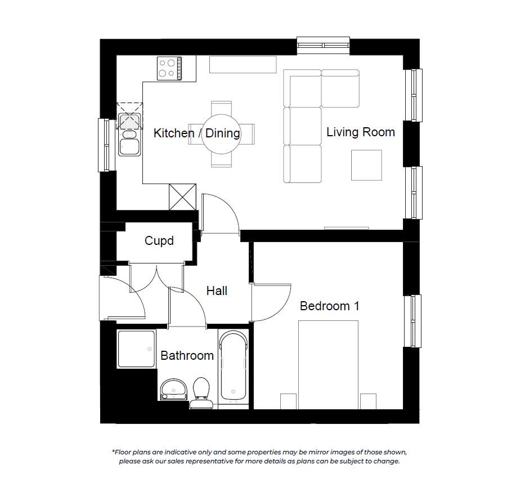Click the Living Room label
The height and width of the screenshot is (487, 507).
pos(361,132)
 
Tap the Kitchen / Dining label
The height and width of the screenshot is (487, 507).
pos(196,133)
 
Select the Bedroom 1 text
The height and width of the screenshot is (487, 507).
pos(330,306)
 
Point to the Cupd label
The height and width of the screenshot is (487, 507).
pos(159,241)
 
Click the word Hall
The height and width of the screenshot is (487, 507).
pos(217,291)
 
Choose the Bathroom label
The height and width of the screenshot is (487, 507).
pos(187,356)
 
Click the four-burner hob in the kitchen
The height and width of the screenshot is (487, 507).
pos(169,68)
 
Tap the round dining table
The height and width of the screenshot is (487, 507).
pos(222,134)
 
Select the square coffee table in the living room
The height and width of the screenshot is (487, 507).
pos(366,165)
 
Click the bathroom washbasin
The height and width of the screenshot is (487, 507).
pos(174,389)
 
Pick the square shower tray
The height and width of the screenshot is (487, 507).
pos(136,349)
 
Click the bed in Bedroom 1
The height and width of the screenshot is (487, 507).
pos(328,365)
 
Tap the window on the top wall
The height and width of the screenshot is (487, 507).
pos(324,45)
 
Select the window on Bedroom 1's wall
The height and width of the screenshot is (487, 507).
pos(412,321)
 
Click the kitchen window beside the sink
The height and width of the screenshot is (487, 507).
pos(107,145)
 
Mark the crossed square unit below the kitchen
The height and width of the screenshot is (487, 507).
pos(182,196)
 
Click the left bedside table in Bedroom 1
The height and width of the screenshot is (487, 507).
pos(288,401)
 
